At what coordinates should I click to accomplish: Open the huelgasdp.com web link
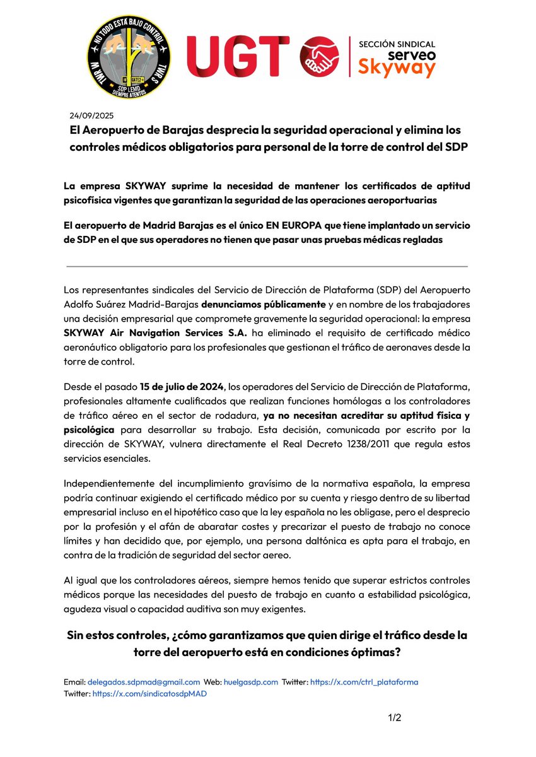[250, 682]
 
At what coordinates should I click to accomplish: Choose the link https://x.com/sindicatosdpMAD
[149, 693]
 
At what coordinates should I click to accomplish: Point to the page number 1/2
[394, 717]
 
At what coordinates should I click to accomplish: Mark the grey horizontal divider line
[267, 266]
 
